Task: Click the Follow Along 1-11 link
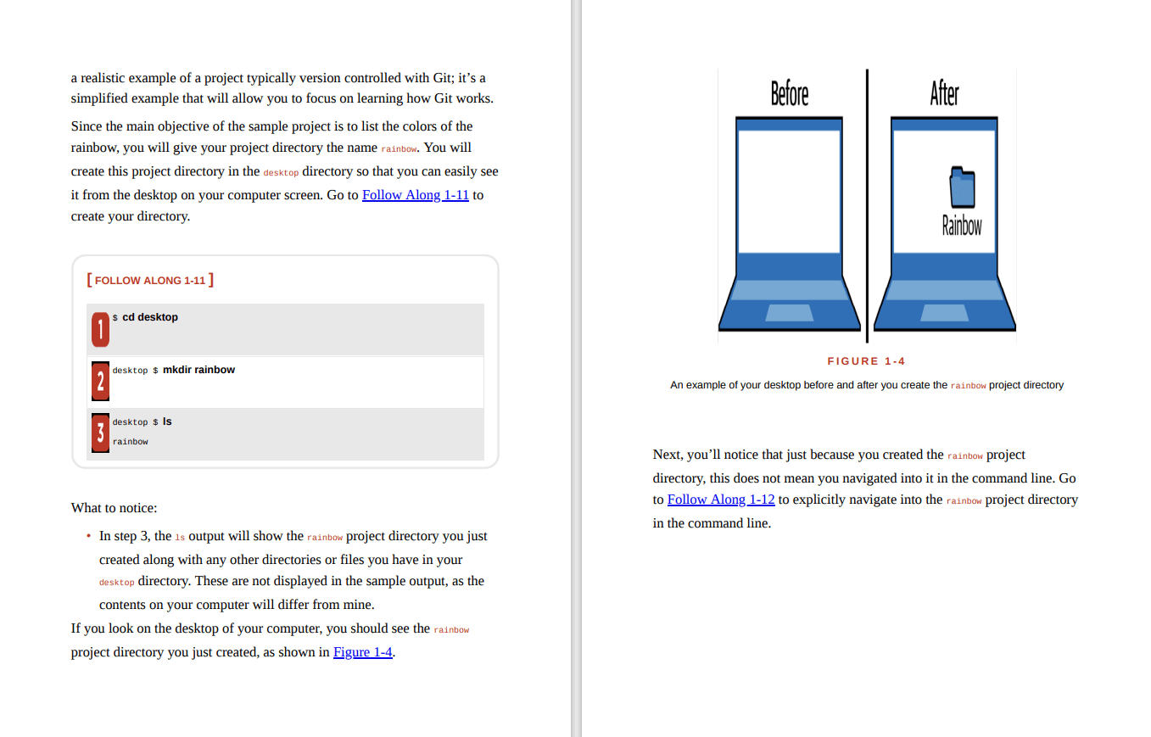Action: point(415,195)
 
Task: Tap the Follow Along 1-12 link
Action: point(720,500)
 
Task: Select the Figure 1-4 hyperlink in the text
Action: point(362,652)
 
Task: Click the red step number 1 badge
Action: point(100,329)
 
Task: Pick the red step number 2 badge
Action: point(100,382)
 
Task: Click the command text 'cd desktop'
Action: point(150,317)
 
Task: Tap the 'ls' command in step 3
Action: point(167,422)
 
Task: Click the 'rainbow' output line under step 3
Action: point(130,442)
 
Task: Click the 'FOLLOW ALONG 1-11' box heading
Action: point(150,281)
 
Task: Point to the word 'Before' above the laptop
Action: point(789,93)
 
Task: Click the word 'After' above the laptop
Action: point(944,93)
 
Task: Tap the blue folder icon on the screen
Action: point(962,187)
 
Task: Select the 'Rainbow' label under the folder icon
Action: point(962,226)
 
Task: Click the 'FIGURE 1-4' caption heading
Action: point(866,361)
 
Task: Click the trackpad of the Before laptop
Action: point(789,313)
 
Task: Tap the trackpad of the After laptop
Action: point(944,313)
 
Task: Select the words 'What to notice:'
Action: point(114,508)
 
